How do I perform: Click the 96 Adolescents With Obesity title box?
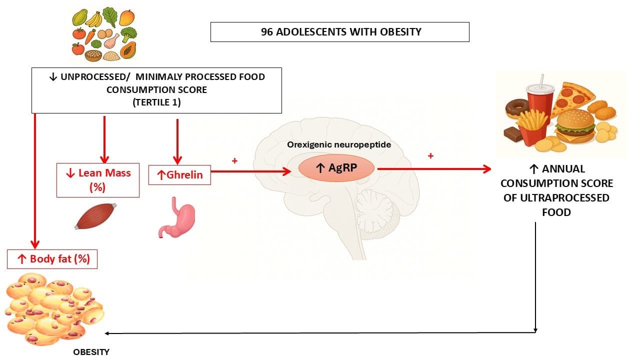click(x=340, y=32)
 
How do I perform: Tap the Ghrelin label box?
click(x=179, y=175)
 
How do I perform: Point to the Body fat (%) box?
click(x=52, y=259)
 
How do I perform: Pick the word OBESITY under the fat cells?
click(x=91, y=352)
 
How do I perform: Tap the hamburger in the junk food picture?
click(x=575, y=127)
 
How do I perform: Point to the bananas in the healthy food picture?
click(x=94, y=19)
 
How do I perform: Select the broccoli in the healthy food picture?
click(x=128, y=35)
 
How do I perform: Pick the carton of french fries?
click(x=533, y=127)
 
